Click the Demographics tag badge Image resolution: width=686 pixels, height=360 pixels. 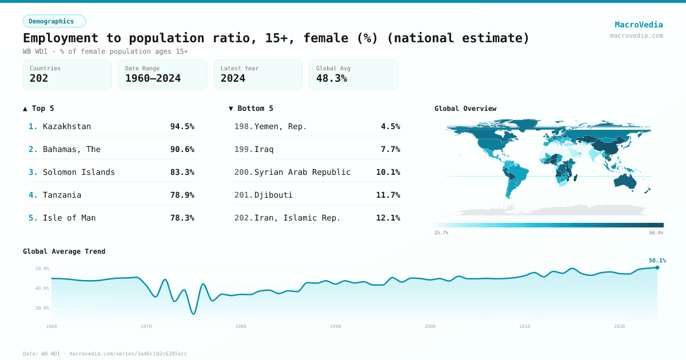point(54,21)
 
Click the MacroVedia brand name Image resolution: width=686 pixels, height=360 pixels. point(639,25)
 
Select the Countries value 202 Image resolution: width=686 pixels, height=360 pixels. point(39,79)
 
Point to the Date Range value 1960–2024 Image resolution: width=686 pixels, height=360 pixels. point(153,79)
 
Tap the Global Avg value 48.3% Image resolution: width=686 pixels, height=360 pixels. point(332,79)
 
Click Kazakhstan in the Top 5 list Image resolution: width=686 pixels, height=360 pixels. point(67,126)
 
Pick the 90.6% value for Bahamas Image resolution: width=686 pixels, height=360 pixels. point(182,149)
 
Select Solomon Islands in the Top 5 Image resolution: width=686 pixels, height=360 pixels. point(79,172)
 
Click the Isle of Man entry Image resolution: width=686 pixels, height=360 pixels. point(69,218)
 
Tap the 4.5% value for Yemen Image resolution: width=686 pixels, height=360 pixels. point(390,126)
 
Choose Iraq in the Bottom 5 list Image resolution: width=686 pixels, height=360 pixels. point(264,149)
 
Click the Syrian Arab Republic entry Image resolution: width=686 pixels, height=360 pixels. point(302,172)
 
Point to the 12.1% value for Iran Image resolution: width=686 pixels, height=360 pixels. point(388,218)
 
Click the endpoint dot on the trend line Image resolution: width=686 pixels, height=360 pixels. point(657,267)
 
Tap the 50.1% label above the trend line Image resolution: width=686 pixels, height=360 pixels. point(657,261)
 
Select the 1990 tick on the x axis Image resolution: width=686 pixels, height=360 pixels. point(336,326)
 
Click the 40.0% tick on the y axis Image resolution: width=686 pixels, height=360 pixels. point(42,288)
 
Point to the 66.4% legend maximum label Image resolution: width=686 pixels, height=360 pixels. point(656,233)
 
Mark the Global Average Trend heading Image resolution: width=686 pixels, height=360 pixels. point(64,251)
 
